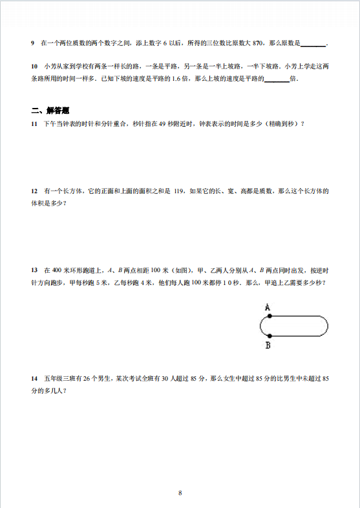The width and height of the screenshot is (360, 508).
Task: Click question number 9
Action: point(33,43)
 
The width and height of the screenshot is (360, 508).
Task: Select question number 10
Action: point(34,67)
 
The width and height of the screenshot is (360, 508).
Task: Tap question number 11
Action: point(34,123)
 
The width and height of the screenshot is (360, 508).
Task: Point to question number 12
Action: point(34,191)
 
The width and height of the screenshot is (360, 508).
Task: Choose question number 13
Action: point(34,271)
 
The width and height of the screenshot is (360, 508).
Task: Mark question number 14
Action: point(34,377)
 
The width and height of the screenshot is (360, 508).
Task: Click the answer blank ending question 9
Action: point(313,44)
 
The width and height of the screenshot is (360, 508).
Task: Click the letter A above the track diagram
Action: point(267,308)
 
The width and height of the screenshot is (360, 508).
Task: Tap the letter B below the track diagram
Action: point(268,346)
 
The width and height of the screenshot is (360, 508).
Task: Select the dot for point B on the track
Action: point(269,336)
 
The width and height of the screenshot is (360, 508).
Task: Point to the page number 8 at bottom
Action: point(180,493)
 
